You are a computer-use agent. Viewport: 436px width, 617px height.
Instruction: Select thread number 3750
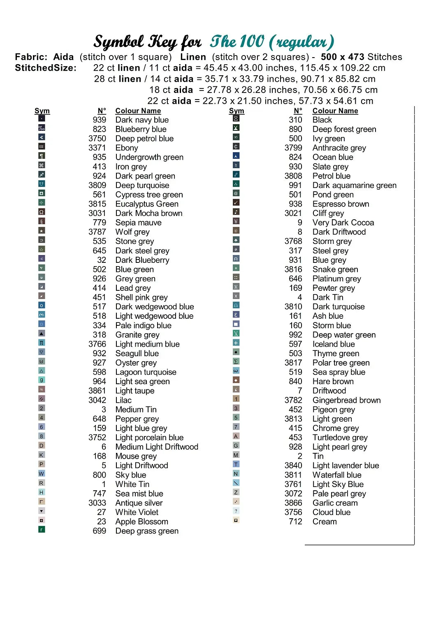tap(97, 139)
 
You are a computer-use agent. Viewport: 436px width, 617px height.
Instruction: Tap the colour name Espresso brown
tap(341, 204)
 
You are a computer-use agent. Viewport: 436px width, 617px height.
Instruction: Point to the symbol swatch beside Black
tap(236, 118)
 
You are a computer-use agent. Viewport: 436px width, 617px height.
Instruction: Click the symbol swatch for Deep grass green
tap(42, 530)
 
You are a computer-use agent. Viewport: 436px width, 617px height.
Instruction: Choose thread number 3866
tap(293, 503)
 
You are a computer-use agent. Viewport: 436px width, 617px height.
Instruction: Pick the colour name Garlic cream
tap(335, 503)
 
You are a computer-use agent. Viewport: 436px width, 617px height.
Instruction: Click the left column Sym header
tap(42, 111)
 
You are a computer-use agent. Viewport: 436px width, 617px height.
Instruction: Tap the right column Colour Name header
tap(335, 111)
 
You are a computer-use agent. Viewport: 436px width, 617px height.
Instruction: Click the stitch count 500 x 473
tap(343, 57)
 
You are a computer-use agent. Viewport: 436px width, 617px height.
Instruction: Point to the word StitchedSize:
tap(46, 68)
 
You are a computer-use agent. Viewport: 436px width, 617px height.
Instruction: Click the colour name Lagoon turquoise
tap(146, 372)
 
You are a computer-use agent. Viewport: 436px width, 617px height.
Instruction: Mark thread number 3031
tap(97, 213)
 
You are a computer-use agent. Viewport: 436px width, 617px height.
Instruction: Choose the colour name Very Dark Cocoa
tap(343, 223)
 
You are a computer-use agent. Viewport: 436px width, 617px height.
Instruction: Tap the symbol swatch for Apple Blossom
tap(42, 520)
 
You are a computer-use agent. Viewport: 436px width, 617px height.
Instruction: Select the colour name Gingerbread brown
tap(346, 400)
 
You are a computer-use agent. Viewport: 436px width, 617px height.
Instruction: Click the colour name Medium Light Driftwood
tap(157, 447)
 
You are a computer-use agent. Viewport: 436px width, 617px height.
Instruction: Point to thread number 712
tap(295, 522)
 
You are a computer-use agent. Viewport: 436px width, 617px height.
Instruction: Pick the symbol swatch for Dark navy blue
tap(42, 118)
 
